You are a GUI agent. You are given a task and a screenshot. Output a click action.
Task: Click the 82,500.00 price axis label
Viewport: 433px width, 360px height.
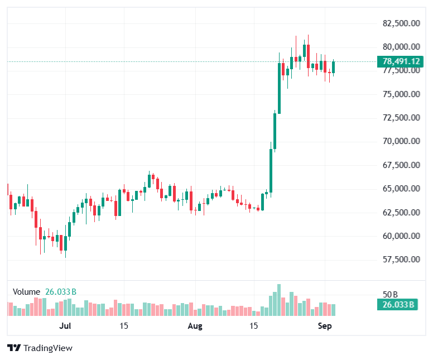point(401,23)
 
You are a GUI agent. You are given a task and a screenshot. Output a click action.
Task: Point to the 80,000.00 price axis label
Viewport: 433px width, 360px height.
point(401,47)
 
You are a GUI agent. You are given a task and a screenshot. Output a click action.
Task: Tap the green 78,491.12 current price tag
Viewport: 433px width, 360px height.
point(400,61)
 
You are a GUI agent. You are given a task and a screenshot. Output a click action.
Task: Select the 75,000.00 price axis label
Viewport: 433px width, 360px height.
point(401,94)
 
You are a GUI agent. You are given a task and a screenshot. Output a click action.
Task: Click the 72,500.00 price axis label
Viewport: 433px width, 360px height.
point(401,118)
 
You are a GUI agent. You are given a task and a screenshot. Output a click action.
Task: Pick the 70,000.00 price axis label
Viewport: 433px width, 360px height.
point(401,141)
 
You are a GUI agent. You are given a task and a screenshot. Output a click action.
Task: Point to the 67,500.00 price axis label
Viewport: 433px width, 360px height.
point(401,165)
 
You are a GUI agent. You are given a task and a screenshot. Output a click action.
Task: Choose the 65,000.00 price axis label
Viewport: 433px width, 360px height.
point(401,189)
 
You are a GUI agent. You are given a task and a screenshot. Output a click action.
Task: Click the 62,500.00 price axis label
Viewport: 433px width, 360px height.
point(401,212)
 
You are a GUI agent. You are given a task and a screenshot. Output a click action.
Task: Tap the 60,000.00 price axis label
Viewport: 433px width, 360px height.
point(401,236)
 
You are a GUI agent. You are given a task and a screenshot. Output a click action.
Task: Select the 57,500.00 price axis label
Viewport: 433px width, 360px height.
point(401,259)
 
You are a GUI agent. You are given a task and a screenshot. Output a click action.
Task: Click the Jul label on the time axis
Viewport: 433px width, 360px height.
point(65,326)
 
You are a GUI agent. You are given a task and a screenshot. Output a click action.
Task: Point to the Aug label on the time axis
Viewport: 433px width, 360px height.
point(195,326)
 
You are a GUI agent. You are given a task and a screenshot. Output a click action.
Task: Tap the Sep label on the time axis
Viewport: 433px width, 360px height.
point(325,326)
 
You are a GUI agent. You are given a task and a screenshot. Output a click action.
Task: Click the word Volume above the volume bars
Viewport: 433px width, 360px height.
point(27,292)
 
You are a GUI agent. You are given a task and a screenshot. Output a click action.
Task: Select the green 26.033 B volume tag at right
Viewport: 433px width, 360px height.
point(397,305)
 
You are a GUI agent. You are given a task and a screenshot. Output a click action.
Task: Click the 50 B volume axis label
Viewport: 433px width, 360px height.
point(390,295)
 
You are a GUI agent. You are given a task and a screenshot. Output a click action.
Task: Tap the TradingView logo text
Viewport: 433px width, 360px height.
point(48,348)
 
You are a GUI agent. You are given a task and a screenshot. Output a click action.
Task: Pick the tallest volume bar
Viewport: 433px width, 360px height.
point(279,300)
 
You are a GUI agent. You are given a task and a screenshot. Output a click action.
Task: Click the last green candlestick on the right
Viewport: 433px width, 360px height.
point(333,68)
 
